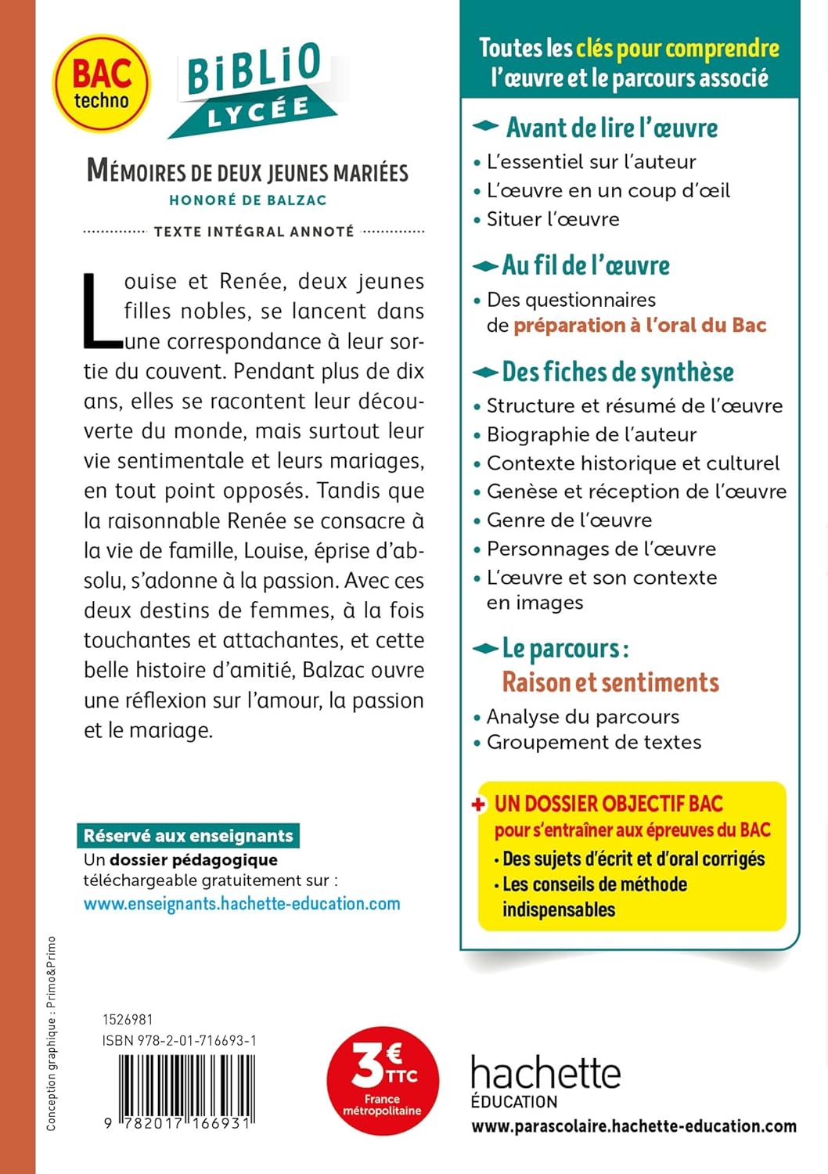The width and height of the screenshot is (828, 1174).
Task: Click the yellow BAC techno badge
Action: [101, 83]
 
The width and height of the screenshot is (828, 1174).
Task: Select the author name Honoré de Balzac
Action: [247, 200]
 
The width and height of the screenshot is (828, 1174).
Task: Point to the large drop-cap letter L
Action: [101, 310]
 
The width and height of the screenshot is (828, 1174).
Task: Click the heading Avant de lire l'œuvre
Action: [611, 128]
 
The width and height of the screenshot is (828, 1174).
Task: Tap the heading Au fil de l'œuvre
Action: [585, 266]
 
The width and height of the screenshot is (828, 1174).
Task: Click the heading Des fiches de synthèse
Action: [617, 373]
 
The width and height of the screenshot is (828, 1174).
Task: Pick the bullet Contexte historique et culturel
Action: [632, 463]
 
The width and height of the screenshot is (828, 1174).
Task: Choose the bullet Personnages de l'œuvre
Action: [600, 549]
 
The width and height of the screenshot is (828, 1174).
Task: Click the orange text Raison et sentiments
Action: [610, 682]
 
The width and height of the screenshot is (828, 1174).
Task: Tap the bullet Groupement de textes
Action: [593, 742]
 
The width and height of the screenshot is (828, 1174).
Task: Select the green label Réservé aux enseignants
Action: [188, 836]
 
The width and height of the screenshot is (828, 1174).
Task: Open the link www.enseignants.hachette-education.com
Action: [242, 904]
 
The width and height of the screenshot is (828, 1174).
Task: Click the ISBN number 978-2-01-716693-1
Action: [179, 1041]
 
